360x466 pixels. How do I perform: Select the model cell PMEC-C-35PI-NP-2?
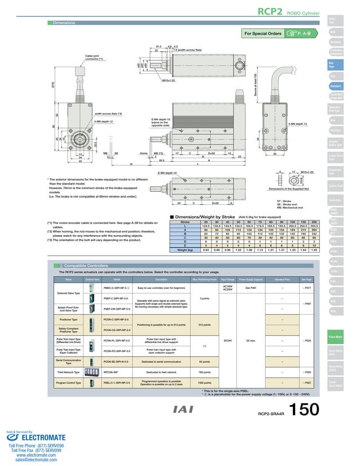116,288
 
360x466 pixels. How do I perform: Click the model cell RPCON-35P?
111,372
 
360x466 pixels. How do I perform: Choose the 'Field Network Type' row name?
68,372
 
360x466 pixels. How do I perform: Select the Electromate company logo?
32,436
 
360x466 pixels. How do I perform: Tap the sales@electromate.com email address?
32,460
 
